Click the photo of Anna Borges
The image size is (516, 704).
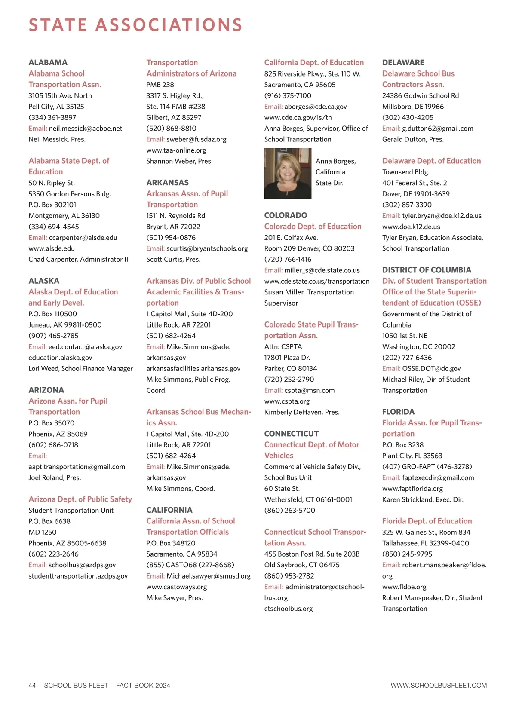tap(288, 173)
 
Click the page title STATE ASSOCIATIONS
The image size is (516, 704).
tap(135, 25)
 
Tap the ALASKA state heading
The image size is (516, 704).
tap(44, 281)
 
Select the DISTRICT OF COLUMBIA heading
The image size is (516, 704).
tap(427, 270)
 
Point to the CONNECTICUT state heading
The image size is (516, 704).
tap(292, 434)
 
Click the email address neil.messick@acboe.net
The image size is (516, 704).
tap(86, 129)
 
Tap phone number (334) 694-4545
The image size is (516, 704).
tap(54, 227)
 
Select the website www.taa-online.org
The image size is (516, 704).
tap(176, 150)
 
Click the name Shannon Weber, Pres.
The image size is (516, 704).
tap(179, 161)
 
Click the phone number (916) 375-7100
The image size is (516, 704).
tap(288, 95)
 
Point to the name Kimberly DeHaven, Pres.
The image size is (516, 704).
tap(302, 412)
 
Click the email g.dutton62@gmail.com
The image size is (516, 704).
tap(438, 129)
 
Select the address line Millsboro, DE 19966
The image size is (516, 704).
tap(413, 107)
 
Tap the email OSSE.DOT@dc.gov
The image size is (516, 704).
tap(431, 368)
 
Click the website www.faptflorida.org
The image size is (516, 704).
tap(412, 489)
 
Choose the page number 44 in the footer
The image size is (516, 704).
tap(32, 686)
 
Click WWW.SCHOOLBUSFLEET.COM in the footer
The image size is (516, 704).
tap(439, 686)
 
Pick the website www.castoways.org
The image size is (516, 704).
tap(177, 587)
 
